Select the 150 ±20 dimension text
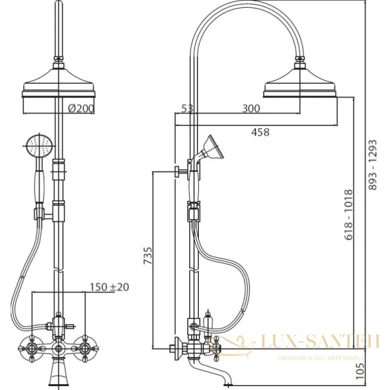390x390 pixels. (109, 287)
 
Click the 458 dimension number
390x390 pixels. (261, 132)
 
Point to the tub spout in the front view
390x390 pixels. (58, 376)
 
